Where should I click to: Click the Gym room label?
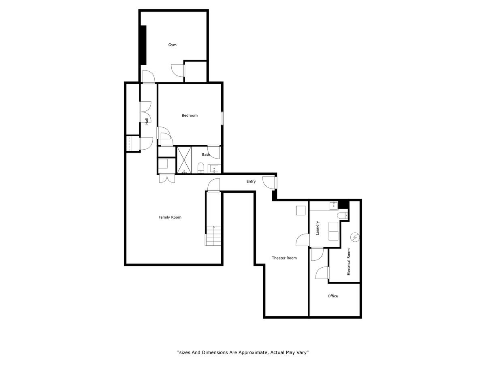point(172,45)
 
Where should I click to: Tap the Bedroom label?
point(190,115)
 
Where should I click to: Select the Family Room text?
point(170,217)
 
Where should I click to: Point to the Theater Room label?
point(284,258)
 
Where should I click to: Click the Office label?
point(333,296)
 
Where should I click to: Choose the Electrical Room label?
point(349,262)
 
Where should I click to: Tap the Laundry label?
point(317,228)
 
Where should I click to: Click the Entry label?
point(251,181)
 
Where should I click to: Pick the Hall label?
point(147,121)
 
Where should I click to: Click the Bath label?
point(206,155)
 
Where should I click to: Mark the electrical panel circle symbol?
point(355,237)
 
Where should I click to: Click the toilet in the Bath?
point(200,168)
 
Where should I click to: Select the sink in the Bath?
point(214,169)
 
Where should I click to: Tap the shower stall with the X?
point(184,160)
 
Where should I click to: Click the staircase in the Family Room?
point(213,236)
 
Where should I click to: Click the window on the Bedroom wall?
point(222,118)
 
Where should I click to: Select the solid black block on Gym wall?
point(143,45)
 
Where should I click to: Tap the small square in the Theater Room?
point(301,210)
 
